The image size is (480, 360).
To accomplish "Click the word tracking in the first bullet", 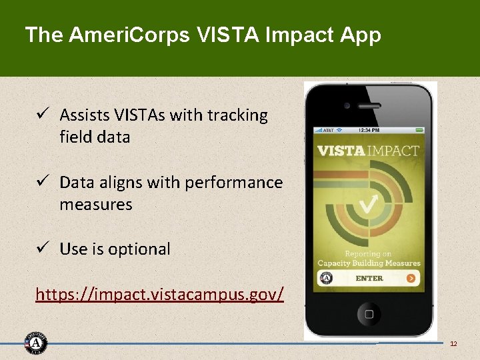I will pos(237,115).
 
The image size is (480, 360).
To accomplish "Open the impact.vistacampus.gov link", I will pos(159,293).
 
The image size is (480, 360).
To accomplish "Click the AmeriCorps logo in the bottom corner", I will pos(36,343).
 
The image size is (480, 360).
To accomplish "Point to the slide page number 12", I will pos(453,343).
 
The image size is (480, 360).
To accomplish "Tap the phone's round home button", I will pos(369,312).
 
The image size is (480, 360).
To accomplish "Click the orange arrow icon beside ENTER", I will pos(411,278).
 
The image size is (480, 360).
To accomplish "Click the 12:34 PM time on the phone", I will pos(369,130).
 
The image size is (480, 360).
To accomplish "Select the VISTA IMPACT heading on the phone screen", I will pos(369,150).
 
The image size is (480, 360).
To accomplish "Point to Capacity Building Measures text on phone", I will pos(369,263).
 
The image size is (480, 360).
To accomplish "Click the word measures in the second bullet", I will pos(96,205).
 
